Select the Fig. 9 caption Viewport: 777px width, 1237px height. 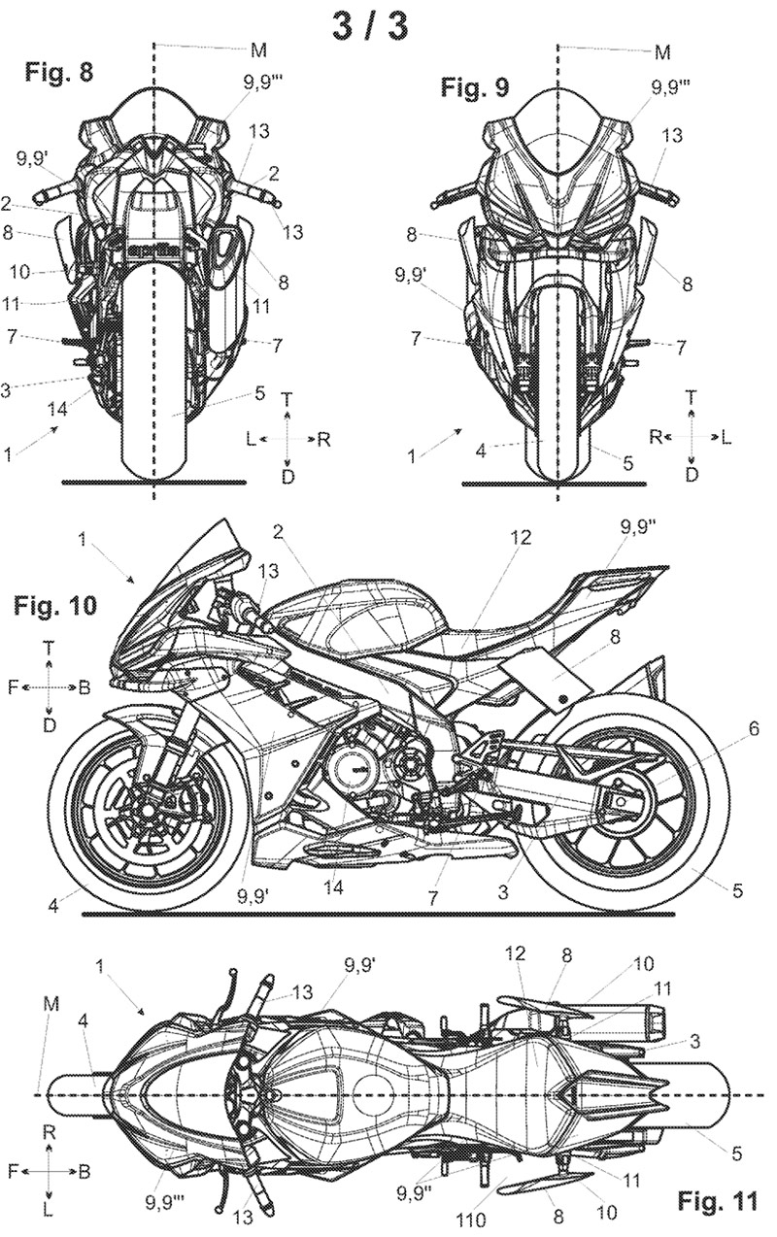point(474,89)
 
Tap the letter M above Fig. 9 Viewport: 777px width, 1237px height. point(662,51)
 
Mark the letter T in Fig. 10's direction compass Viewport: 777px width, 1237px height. point(50,645)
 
